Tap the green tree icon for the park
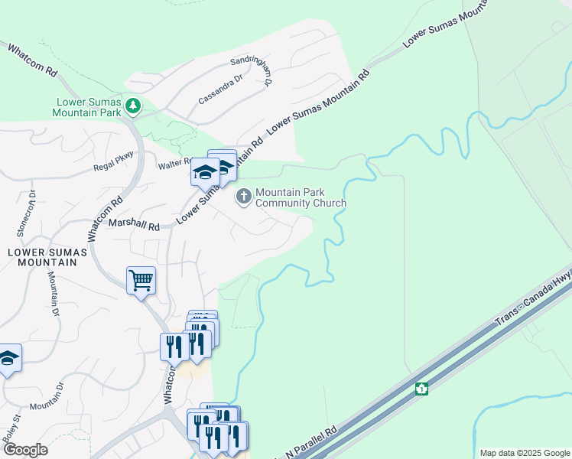(134, 106)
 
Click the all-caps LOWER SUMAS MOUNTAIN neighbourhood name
(43, 256)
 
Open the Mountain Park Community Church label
(301, 198)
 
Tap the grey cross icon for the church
(244, 197)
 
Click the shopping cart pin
(141, 281)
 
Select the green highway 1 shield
(421, 389)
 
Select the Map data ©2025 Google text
(524, 453)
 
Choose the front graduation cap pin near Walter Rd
(205, 173)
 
